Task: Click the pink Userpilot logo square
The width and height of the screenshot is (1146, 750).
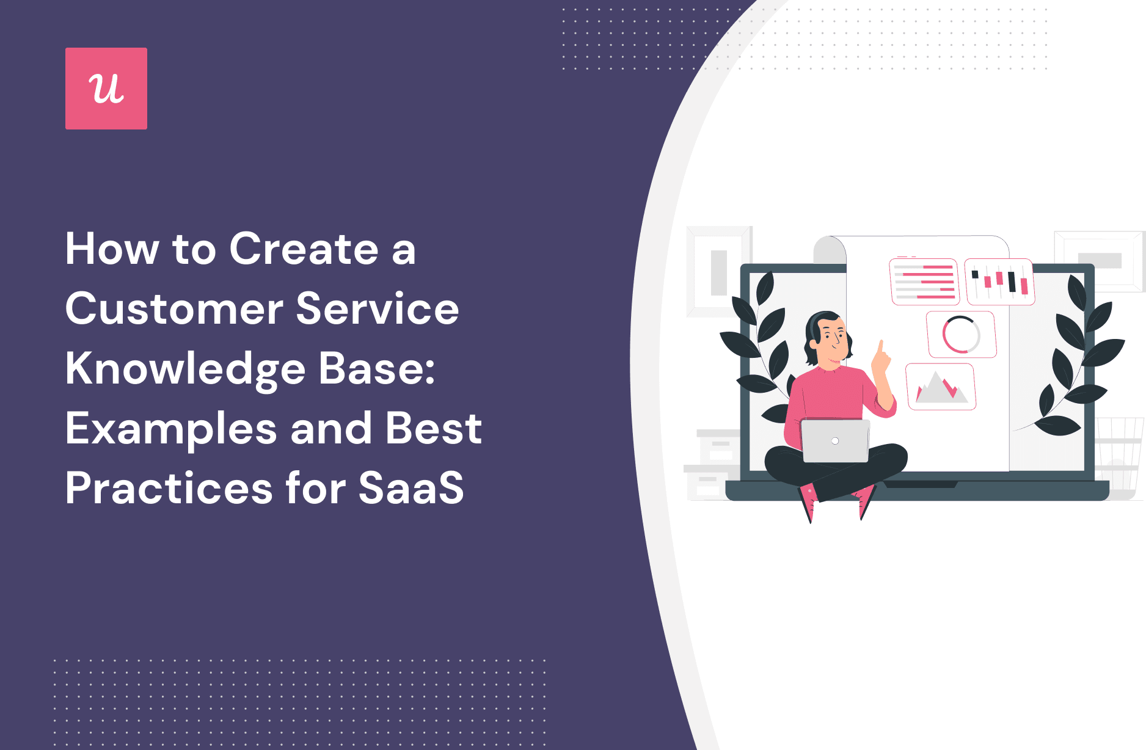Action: pyautogui.click(x=106, y=89)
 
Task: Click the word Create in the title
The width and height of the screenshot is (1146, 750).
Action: pyautogui.click(x=304, y=249)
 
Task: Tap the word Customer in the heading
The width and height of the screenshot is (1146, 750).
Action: pyautogui.click(x=174, y=309)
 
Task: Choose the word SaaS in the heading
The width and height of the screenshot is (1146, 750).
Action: pyautogui.click(x=411, y=488)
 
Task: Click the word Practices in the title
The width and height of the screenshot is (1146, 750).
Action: pyautogui.click(x=169, y=488)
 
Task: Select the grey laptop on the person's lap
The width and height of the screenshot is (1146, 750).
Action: pyautogui.click(x=835, y=440)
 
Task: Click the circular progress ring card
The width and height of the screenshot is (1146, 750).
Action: pyautogui.click(x=962, y=335)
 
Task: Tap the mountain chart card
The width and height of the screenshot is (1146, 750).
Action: pyautogui.click(x=941, y=387)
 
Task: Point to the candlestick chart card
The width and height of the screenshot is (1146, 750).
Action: pyautogui.click(x=999, y=282)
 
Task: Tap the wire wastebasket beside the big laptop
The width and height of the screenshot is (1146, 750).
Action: pyautogui.click(x=1120, y=455)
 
